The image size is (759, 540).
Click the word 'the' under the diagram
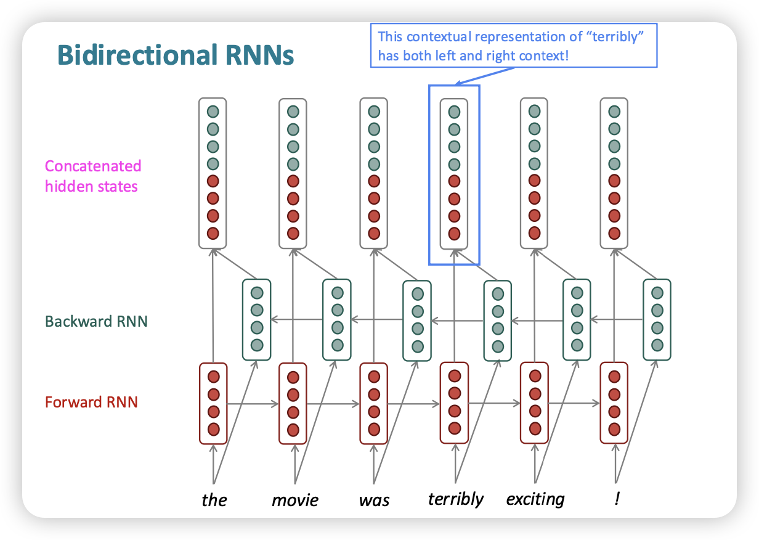tap(214, 499)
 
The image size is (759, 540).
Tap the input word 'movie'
tap(295, 499)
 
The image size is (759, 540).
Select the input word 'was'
tap(374, 499)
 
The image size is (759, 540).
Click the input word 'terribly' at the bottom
tap(456, 498)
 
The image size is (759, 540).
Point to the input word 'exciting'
tap(535, 498)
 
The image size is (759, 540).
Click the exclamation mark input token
tap(617, 498)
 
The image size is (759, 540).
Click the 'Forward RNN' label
tap(91, 403)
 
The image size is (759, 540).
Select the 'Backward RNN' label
tap(96, 321)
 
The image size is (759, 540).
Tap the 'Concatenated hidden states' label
tap(92, 176)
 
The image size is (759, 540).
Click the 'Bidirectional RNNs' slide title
tap(176, 55)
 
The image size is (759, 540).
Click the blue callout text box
tap(514, 46)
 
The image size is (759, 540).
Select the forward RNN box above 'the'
tap(213, 403)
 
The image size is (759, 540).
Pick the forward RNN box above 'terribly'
tap(454, 403)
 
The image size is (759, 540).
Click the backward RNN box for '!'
tap(657, 320)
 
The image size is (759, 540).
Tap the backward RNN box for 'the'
tap(256, 320)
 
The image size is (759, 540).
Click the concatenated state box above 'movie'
tap(293, 173)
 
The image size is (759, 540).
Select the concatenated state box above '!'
tap(614, 173)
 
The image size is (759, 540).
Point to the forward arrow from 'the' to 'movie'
tap(253, 404)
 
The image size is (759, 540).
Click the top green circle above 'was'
tap(374, 112)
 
